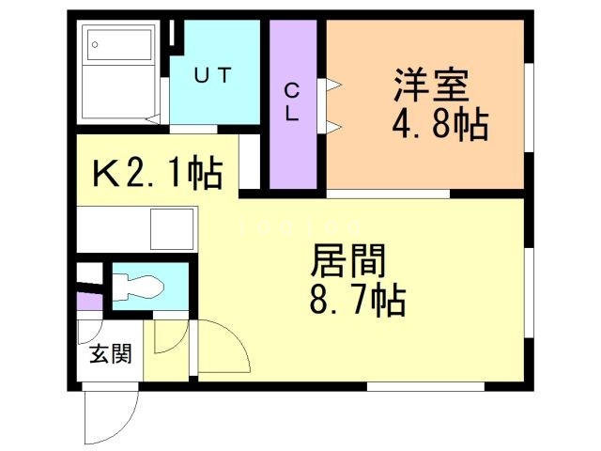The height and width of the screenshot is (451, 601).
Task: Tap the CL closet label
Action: coord(292,102)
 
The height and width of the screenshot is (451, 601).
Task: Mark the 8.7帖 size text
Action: coord(357,301)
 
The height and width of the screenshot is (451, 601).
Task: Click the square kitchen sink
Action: coord(170,228)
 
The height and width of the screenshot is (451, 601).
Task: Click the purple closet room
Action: coord(292,103)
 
